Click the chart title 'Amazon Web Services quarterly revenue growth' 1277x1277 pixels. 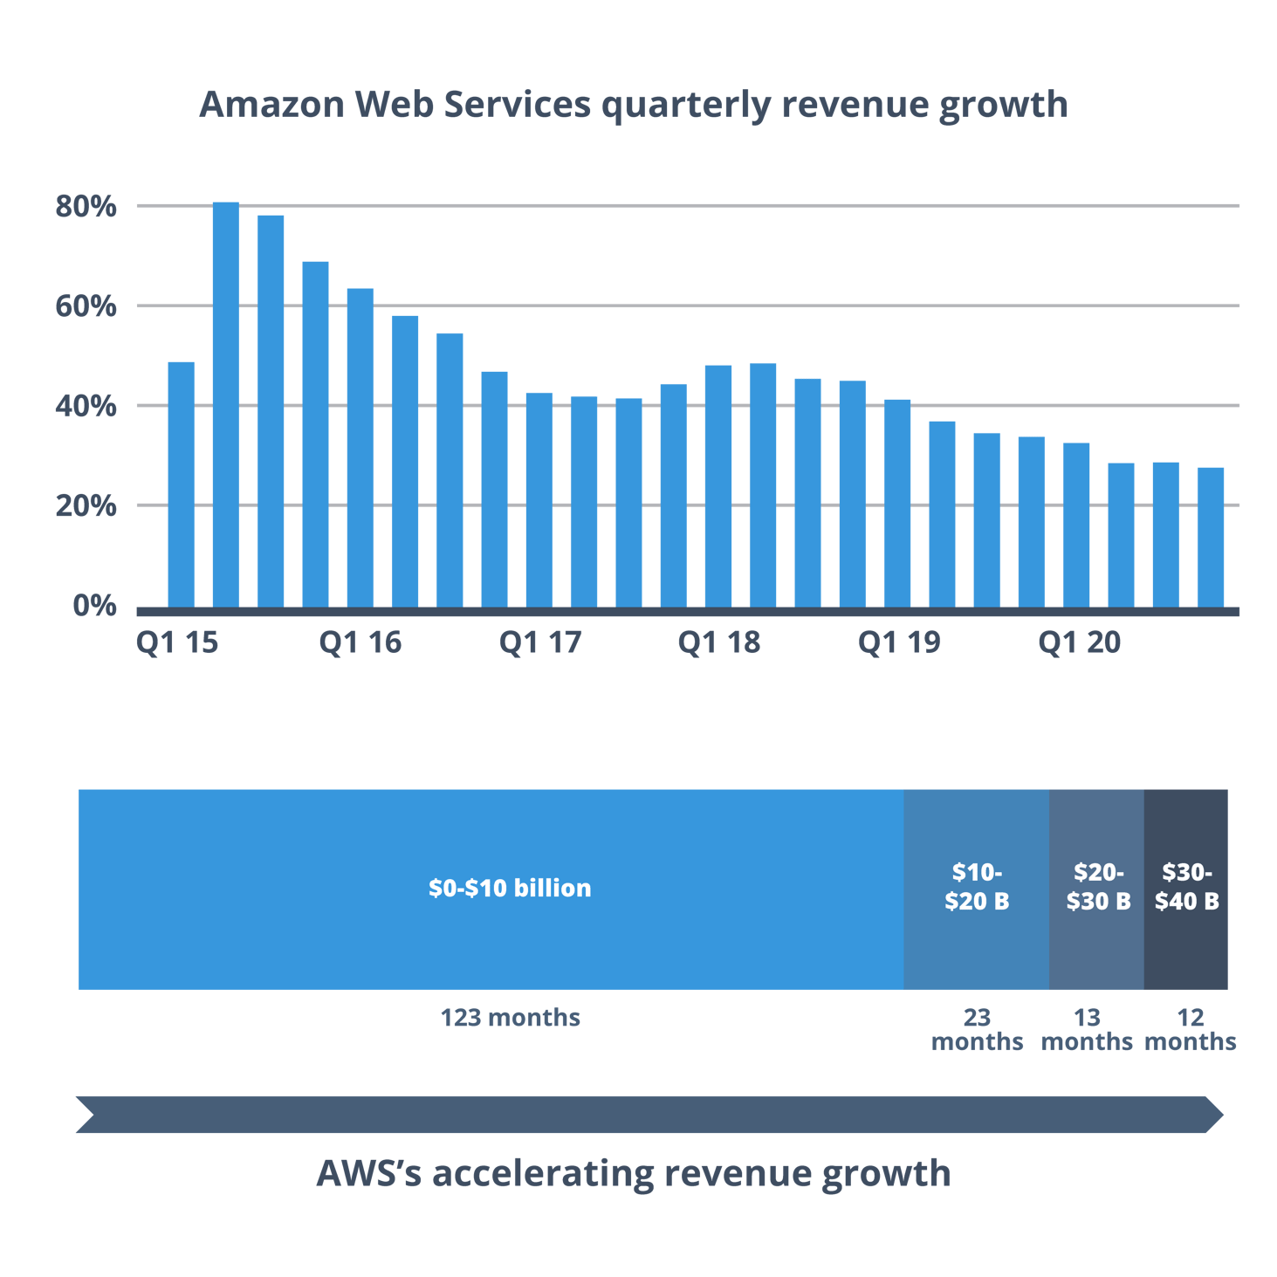tap(634, 104)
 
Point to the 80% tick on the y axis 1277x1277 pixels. tap(86, 207)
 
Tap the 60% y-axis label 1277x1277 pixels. tap(86, 306)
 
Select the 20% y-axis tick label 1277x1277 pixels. tap(86, 505)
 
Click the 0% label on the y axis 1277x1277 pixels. tap(94, 605)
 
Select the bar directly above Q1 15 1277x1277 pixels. tap(181, 484)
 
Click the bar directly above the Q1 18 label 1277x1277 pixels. tap(717, 485)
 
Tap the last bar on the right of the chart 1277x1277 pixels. tap(1210, 537)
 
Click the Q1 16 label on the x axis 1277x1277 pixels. tap(360, 643)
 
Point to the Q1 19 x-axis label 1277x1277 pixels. tap(898, 643)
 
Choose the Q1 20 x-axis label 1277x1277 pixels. tap(1079, 643)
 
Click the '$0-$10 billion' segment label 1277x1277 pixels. tap(510, 889)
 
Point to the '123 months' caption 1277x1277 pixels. tap(510, 1018)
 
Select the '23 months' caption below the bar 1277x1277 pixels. tap(977, 1030)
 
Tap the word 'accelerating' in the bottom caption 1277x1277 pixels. tap(542, 1174)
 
